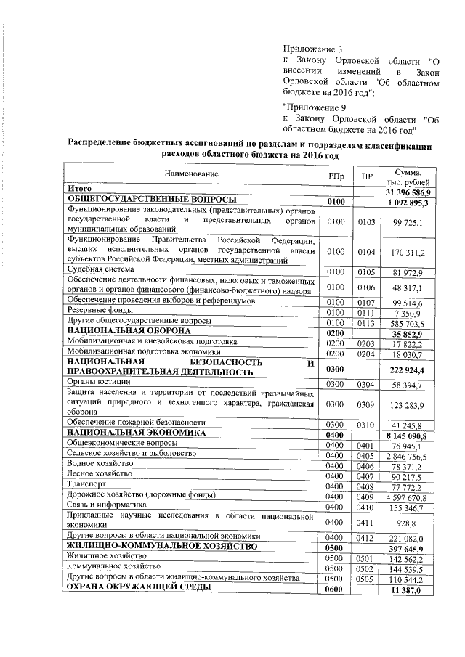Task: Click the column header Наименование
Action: pyautogui.click(x=190, y=175)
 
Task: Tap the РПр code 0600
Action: pyautogui.click(x=335, y=589)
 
